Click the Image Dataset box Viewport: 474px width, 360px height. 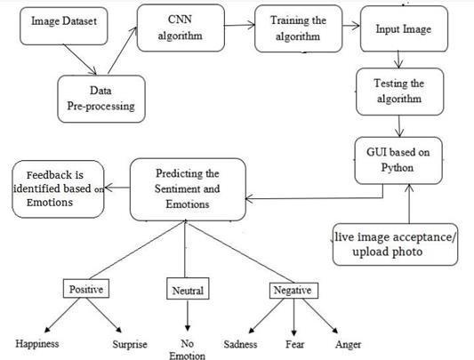(64, 27)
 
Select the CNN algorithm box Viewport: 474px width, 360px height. (181, 28)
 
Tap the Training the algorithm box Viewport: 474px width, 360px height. (299, 28)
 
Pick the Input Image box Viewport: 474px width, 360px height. (404, 29)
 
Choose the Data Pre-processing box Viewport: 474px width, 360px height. (101, 99)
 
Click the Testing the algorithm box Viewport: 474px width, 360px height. (399, 92)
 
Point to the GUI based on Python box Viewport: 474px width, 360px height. (398, 161)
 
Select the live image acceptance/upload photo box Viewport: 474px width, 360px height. (395, 244)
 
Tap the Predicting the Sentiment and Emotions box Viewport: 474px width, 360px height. (188, 189)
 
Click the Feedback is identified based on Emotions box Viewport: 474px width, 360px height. (58, 189)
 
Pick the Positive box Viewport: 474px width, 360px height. (86, 289)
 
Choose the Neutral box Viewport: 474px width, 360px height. (188, 289)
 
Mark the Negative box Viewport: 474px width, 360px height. (293, 291)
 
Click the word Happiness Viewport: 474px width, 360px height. (37, 344)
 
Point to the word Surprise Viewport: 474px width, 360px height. (130, 344)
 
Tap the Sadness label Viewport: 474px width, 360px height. (240, 344)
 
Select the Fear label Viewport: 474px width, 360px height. (294, 344)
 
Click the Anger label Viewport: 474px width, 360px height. (348, 344)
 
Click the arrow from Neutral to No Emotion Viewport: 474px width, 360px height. (188, 316)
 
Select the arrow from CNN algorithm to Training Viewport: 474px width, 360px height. (240, 25)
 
